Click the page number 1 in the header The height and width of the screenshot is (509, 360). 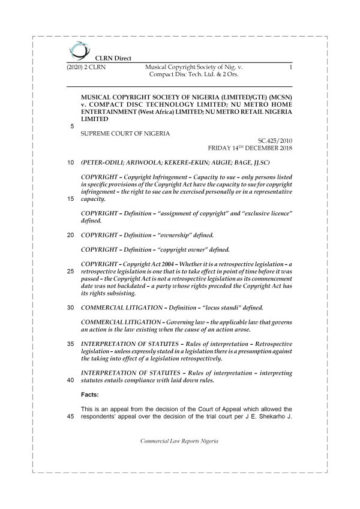click(290, 69)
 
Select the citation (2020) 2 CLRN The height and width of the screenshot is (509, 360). click(87, 69)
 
